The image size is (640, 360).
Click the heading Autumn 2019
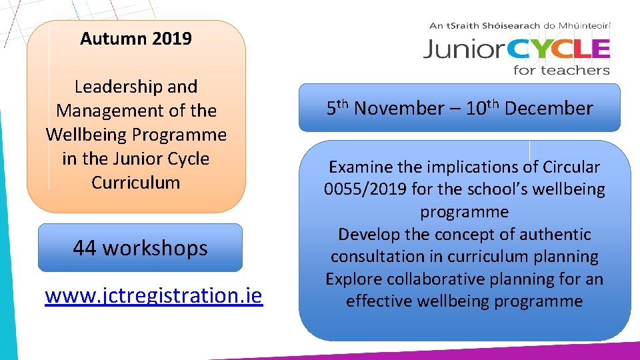(x=135, y=39)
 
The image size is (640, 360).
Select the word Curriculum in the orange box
(x=136, y=183)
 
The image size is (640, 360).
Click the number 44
(x=85, y=248)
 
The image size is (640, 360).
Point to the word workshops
(x=155, y=248)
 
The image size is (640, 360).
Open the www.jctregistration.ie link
(x=154, y=295)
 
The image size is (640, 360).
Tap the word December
(x=549, y=109)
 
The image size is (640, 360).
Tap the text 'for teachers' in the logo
(x=561, y=69)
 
